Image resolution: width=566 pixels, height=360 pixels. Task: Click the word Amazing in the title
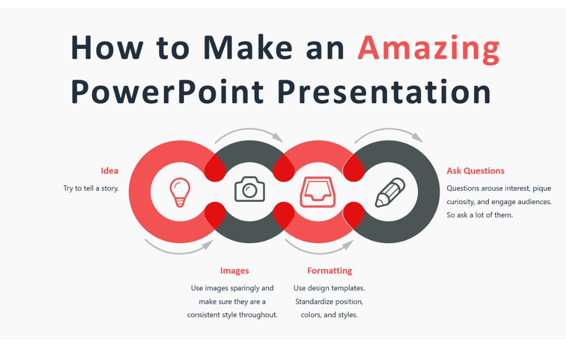point(428,48)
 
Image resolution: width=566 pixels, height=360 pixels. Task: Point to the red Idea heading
point(109,171)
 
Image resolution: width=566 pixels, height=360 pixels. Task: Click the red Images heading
point(234,271)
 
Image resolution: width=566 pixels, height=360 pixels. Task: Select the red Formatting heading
point(329,271)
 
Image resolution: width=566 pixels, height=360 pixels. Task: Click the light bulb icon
point(180,192)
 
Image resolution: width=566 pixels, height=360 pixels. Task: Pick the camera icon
point(250,189)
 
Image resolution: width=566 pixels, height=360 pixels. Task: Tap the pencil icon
point(390,192)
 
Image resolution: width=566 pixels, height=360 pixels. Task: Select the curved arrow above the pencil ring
point(389,134)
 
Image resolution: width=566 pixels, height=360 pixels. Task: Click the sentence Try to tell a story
point(91,188)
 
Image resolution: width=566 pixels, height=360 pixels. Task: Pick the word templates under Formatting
point(348,288)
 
